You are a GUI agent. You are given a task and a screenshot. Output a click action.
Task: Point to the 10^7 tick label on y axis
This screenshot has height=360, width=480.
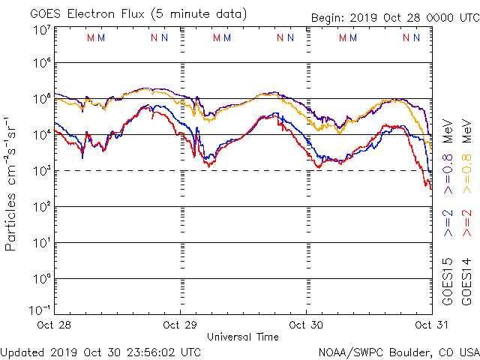pyautogui.click(x=41, y=30)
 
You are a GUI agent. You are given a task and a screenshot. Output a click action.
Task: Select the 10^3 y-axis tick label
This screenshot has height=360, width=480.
pyautogui.click(x=41, y=171)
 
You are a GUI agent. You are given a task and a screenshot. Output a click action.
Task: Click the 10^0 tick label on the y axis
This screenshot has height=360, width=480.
pyautogui.click(x=41, y=279)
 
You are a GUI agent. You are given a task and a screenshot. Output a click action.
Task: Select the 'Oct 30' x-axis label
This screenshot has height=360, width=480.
pyautogui.click(x=307, y=325)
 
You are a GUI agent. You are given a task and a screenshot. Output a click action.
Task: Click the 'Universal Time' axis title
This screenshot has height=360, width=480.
pyautogui.click(x=242, y=337)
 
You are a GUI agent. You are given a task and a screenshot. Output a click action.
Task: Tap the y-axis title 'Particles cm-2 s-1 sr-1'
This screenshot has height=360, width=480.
pyautogui.click(x=11, y=183)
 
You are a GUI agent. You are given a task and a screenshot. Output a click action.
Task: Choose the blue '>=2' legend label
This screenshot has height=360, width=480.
pyautogui.click(x=448, y=223)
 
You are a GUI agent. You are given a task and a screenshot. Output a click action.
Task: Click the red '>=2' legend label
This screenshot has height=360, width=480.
pyautogui.click(x=467, y=223)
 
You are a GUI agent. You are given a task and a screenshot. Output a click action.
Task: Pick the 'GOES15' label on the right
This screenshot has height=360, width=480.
pyautogui.click(x=448, y=281)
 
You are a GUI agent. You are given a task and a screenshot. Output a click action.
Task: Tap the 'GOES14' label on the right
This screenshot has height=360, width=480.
pyautogui.click(x=467, y=281)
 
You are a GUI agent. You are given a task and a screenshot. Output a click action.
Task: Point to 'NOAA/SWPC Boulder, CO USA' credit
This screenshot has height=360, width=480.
pyautogui.click(x=398, y=351)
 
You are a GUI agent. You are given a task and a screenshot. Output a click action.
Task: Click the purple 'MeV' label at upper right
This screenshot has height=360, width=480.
pyautogui.click(x=448, y=130)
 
